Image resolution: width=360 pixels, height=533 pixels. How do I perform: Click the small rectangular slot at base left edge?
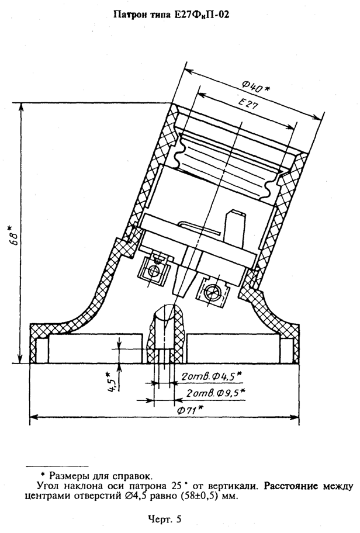point(41,351)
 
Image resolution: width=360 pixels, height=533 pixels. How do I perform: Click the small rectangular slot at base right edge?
point(286,351)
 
